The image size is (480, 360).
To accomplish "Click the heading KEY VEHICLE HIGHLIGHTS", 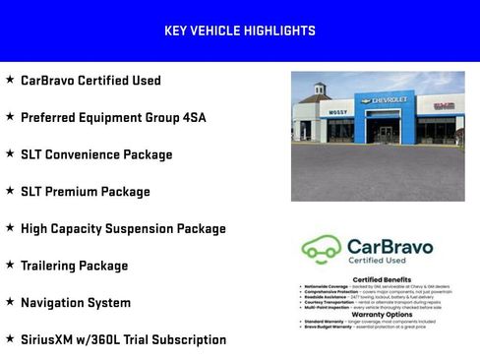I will [240, 31].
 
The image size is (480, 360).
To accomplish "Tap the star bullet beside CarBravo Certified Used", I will [10, 80].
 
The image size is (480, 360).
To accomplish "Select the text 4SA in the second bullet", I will [194, 117].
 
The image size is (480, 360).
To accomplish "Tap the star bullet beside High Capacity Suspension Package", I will [10, 228].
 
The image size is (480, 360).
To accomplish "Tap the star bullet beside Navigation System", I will [10, 302].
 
